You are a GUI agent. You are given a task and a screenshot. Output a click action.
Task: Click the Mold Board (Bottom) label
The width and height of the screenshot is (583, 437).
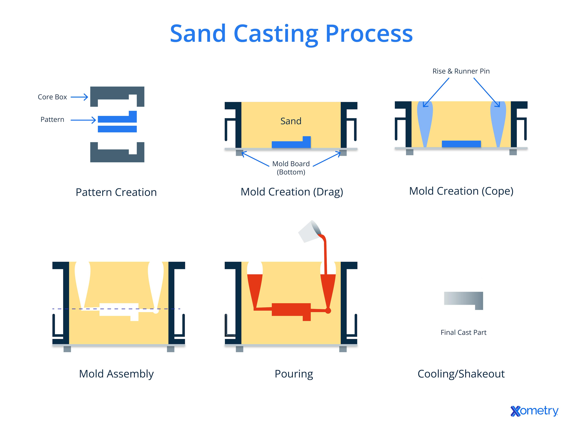pyautogui.click(x=291, y=168)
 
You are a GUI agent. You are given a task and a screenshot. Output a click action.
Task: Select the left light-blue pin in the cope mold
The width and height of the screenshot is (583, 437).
pyautogui.click(x=425, y=121)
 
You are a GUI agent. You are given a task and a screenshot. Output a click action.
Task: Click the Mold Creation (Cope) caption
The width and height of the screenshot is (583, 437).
pyautogui.click(x=461, y=191)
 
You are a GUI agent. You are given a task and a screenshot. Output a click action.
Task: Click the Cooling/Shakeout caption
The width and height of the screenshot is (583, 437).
pyautogui.click(x=461, y=374)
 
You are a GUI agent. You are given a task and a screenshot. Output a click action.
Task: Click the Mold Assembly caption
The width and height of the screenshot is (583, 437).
pyautogui.click(x=116, y=374)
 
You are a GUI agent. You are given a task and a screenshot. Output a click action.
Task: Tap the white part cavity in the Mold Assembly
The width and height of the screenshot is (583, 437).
pyautogui.click(x=119, y=310)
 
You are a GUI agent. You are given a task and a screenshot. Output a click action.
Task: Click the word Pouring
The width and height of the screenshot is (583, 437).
pyautogui.click(x=294, y=374)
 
